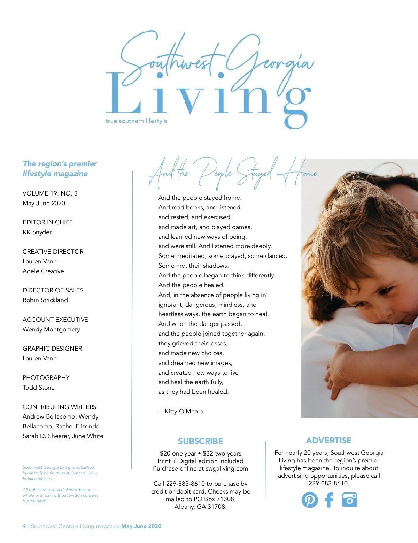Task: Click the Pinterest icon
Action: pyautogui.click(x=310, y=500)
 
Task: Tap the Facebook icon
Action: pyautogui.click(x=329, y=500)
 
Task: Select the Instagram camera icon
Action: pyautogui.click(x=349, y=500)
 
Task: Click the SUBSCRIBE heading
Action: pyautogui.click(x=200, y=441)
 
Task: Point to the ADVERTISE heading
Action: pyautogui.click(x=329, y=441)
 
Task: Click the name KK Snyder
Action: pyautogui.click(x=37, y=232)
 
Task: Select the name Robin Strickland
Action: pyautogui.click(x=45, y=300)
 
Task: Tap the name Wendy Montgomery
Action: pyautogui.click(x=51, y=329)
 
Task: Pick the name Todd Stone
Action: pyautogui.click(x=39, y=388)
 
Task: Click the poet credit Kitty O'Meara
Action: pyautogui.click(x=184, y=411)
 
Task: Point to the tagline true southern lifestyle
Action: pyautogui.click(x=136, y=121)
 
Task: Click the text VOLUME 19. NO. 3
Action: pyautogui.click(x=50, y=193)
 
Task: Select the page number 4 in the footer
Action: pyautogui.click(x=24, y=526)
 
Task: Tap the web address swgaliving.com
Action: pyautogui.click(x=226, y=469)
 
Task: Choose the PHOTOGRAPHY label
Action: pyautogui.click(x=46, y=378)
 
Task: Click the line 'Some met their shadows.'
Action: pyautogui.click(x=194, y=266)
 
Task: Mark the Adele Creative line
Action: pyautogui.click(x=43, y=271)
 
